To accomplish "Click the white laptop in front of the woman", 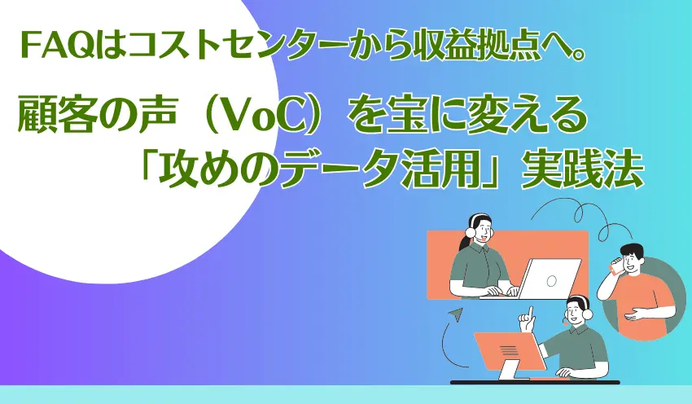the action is [x=537, y=280].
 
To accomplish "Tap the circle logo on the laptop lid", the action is [x=551, y=280].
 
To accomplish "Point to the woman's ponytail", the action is [x=464, y=242].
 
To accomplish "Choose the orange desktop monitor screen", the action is [x=507, y=351].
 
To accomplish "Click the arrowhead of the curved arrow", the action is [x=453, y=314].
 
